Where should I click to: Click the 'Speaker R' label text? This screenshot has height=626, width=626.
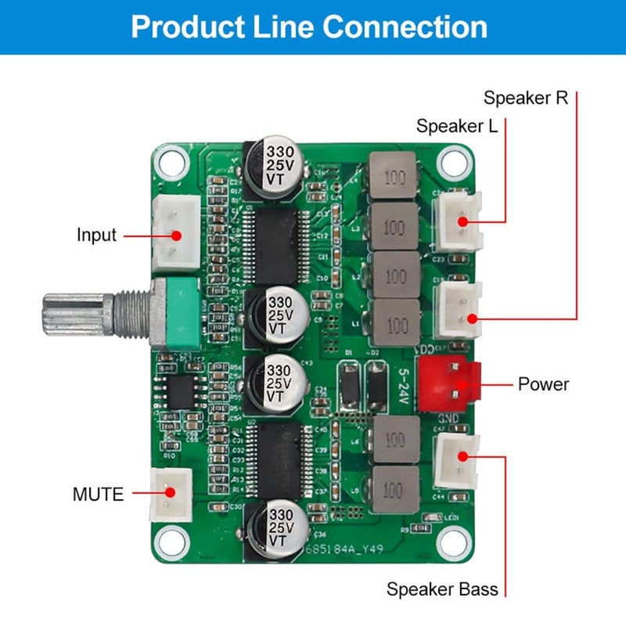point(525,99)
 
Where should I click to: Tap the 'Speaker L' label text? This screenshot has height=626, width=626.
point(456,126)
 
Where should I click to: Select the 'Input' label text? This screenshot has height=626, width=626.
point(96,235)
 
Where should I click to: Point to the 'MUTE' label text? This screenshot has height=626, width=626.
point(98,495)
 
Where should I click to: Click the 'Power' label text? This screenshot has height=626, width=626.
point(543,384)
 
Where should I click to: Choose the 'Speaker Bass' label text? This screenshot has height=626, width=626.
point(442,589)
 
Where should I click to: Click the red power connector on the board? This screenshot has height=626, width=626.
point(448,383)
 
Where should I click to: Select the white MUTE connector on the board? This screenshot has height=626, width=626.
point(171,493)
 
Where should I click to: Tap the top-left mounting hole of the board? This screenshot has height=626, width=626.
point(169,162)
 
